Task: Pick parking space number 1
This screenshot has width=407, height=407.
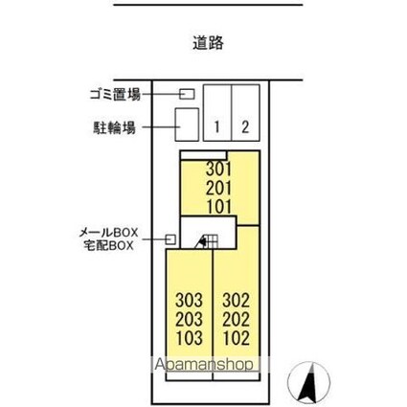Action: coord(218,125)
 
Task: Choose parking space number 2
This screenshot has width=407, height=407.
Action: coord(246,125)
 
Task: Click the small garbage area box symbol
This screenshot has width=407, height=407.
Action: coord(188,94)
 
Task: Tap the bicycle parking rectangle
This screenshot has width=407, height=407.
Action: coord(187,123)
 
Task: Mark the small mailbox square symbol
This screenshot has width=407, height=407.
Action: coord(170,239)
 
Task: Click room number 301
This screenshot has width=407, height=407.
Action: coord(219,170)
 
